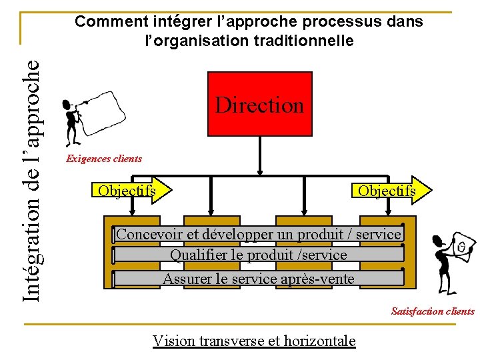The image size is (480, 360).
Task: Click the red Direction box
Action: pyautogui.click(x=260, y=103)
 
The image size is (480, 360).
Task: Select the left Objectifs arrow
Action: pyautogui.click(x=130, y=191)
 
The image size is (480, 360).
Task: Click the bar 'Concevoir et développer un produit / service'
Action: pyautogui.click(x=259, y=234)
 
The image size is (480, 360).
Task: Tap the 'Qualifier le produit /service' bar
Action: pyautogui.click(x=259, y=255)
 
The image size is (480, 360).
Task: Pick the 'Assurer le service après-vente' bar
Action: pyautogui.click(x=259, y=278)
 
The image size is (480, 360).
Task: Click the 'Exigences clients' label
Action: pyautogui.click(x=103, y=159)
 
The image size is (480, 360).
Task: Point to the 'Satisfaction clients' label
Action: pyautogui.click(x=433, y=311)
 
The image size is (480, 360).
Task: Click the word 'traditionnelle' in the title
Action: pyautogui.click(x=309, y=41)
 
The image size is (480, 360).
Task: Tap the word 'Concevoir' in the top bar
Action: pyautogui.click(x=144, y=234)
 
